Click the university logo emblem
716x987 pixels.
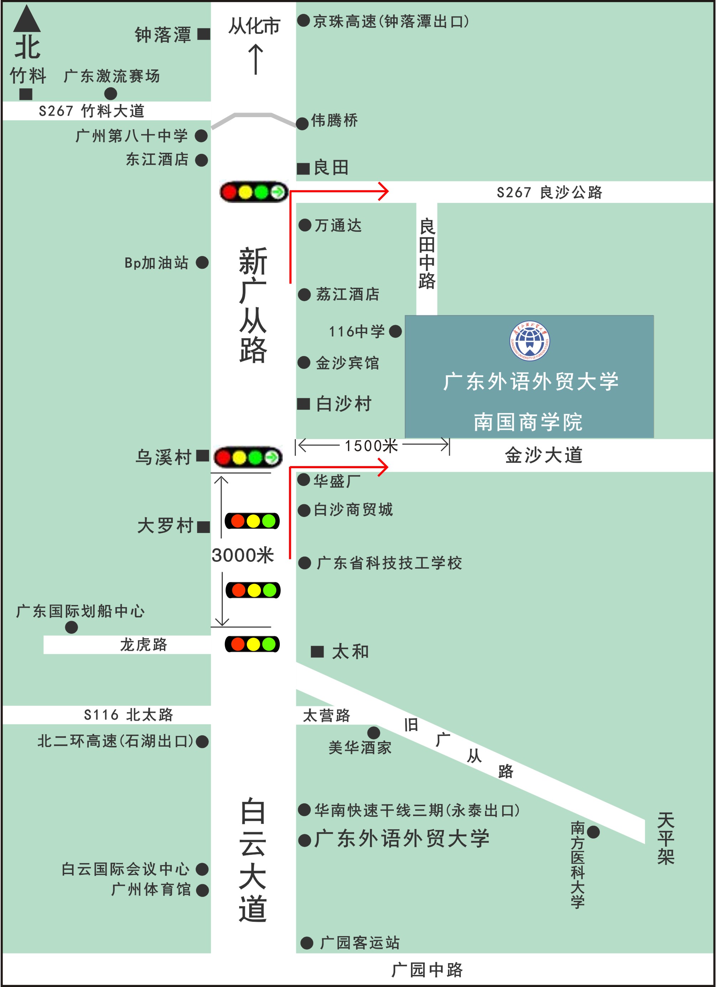(529, 341)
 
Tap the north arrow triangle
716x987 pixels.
(27, 20)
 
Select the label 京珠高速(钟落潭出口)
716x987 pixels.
(391, 21)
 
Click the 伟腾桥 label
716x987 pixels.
(334, 121)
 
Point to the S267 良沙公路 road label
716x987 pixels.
(549, 192)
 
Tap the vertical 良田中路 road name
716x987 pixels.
(427, 254)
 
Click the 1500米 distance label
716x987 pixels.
(371, 446)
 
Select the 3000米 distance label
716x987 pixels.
(243, 556)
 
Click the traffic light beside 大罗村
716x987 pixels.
(252, 521)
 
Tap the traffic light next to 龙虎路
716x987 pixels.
(252, 644)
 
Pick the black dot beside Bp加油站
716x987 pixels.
(202, 262)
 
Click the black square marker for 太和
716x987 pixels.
(317, 652)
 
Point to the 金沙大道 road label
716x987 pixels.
(544, 455)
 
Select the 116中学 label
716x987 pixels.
(357, 331)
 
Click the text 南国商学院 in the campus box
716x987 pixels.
(528, 422)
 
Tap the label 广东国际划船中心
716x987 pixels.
(81, 611)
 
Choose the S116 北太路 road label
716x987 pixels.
(128, 715)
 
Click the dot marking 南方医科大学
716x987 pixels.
(593, 832)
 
